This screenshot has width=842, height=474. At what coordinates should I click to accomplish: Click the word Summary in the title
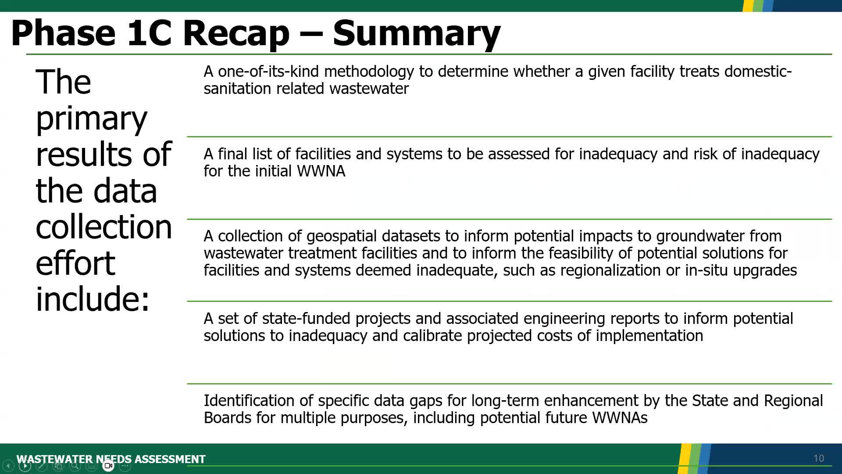[x=416, y=33]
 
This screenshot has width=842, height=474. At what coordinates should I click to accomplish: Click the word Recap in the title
[x=235, y=33]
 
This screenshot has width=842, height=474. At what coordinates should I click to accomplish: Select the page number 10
[x=818, y=458]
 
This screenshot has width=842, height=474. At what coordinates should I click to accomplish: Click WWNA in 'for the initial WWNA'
[x=321, y=171]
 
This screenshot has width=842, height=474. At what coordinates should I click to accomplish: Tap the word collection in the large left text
[x=103, y=227]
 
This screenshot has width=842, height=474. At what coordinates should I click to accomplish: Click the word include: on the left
[x=93, y=299]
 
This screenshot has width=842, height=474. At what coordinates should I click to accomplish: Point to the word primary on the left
[x=91, y=118]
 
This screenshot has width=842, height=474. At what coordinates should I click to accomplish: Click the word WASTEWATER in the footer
[x=54, y=459]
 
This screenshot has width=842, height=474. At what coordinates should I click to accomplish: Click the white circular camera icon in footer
[x=108, y=466]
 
